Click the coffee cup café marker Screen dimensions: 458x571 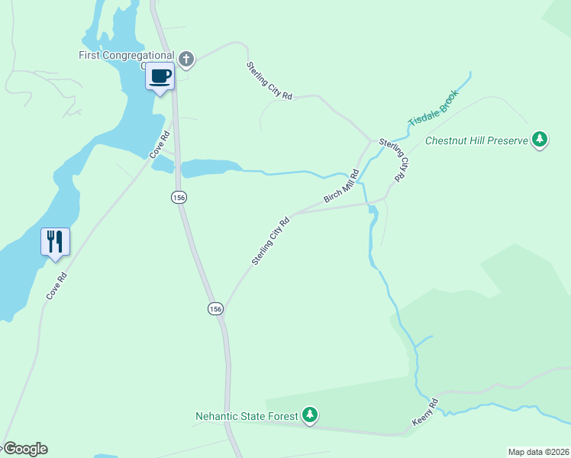[160, 76]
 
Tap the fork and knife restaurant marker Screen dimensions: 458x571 [55, 242]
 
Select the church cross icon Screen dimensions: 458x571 [186, 59]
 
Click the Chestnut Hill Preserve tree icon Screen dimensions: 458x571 [540, 140]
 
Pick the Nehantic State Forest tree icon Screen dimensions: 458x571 [310, 415]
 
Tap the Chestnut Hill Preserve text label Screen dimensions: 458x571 [476, 140]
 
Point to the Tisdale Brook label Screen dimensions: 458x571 [434, 108]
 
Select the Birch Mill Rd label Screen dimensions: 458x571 [341, 185]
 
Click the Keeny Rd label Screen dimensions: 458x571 [425, 411]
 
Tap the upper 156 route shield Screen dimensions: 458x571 [179, 197]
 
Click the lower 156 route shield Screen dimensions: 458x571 [216, 308]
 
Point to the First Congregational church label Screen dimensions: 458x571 [126, 55]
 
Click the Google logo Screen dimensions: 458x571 [24, 449]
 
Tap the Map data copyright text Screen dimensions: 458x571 [538, 451]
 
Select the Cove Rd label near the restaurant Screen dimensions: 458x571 [56, 285]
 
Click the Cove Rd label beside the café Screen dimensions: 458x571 [159, 145]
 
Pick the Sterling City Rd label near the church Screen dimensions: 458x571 [269, 81]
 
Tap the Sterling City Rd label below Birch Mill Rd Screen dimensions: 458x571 [271, 242]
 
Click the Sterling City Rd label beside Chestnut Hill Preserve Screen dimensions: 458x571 [393, 160]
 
